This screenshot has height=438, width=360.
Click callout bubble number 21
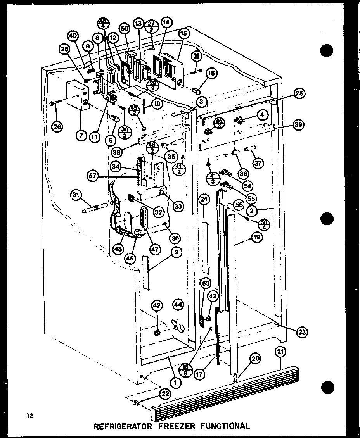(280, 352)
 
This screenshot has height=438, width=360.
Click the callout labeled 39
(298, 124)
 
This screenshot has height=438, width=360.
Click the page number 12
(29, 416)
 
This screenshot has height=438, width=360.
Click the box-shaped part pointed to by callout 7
(77, 95)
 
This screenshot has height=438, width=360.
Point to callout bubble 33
(178, 207)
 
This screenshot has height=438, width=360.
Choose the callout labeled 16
(211, 73)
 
